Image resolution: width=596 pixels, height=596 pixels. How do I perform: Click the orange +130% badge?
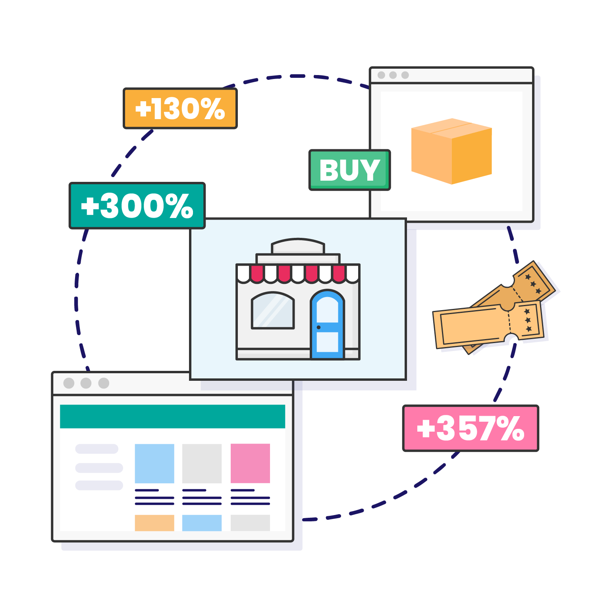pos(180,108)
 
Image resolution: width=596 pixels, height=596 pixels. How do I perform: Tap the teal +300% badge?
pos(137,206)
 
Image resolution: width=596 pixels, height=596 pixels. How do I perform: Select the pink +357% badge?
pos(471,428)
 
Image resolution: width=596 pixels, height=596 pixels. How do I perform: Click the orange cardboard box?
pos(451,151)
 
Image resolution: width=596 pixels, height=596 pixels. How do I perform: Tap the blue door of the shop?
pos(328,324)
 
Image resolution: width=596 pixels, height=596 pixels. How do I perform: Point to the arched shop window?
pos(273,311)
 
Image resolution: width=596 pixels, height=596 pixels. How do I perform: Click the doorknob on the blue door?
pos(318,327)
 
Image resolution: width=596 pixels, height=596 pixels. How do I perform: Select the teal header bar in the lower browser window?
pos(172,417)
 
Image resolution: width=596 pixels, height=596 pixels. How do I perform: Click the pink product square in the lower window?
pos(250,463)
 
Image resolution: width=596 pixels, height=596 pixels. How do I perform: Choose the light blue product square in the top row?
pos(154,463)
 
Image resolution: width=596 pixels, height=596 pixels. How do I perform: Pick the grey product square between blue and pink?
pos(202,463)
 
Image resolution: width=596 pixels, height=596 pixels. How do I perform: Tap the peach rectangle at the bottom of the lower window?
pos(154,523)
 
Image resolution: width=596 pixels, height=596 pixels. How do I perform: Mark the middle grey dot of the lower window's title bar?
pos(86,383)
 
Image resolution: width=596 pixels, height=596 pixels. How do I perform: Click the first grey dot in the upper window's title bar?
pos(381,75)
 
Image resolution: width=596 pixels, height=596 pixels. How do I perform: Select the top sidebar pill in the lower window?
pos(97,449)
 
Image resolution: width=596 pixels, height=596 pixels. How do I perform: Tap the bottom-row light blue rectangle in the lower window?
pos(202,523)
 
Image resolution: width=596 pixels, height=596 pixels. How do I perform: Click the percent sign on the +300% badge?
pos(179,206)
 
